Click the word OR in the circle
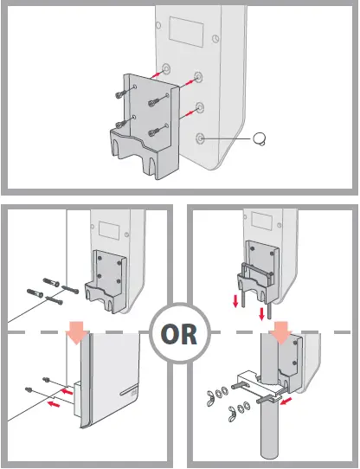coord(179,333)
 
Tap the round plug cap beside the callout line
coord(259,138)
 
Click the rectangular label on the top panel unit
coord(186,31)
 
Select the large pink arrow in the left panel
coord(78,332)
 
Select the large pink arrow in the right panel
coord(280,332)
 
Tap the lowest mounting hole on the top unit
coord(200,138)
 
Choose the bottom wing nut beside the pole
coord(234,415)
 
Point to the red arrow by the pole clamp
coord(286,402)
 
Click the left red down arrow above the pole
coord(235,301)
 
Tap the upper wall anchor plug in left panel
coord(51,282)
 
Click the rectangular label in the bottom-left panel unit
coord(110,230)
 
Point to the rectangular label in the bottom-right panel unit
coord(262,221)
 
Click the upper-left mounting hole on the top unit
coord(166,69)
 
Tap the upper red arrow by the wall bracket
coord(67,391)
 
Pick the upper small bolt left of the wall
coord(46,380)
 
